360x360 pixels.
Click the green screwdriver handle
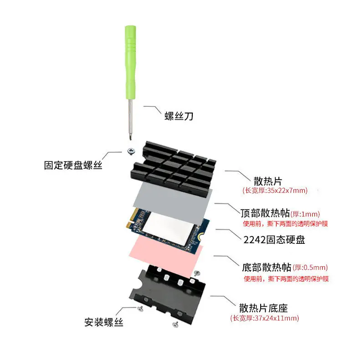[x=130, y=62]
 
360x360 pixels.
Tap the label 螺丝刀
[x=179, y=116]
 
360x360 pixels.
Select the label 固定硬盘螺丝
[x=73, y=165]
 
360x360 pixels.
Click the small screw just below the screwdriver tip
[x=131, y=151]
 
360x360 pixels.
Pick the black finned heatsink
[x=173, y=168]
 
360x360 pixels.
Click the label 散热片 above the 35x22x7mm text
[x=267, y=181]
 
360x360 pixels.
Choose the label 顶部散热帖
[x=265, y=213]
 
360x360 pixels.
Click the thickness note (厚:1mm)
[x=305, y=214]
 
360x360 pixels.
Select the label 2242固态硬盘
[x=274, y=240]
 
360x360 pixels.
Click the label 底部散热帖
[x=267, y=267]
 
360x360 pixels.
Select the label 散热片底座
[x=263, y=308]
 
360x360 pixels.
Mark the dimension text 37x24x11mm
[x=276, y=318]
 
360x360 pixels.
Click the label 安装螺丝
[x=104, y=322]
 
